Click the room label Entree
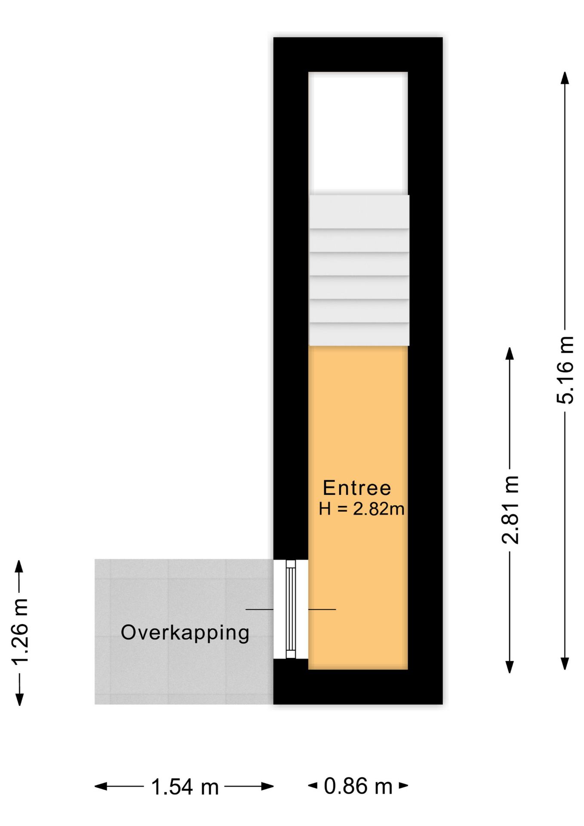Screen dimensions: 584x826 point(357,488)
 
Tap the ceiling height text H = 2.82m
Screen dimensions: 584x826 point(361,509)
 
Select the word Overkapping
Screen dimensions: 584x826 point(185,633)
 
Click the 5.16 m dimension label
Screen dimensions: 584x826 point(565,370)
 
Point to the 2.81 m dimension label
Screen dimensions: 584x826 point(510,510)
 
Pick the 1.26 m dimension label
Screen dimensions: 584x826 point(20,632)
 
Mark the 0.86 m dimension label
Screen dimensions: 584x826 point(358,786)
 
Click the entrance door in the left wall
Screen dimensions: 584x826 point(291,609)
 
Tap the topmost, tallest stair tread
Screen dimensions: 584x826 point(359,212)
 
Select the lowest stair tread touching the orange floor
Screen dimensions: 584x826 point(359,334)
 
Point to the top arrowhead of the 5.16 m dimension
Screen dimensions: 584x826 point(565,78)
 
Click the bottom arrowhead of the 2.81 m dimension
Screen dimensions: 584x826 point(510,666)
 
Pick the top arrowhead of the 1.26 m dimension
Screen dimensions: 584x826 point(19,566)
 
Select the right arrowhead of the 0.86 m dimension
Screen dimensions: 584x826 point(403,786)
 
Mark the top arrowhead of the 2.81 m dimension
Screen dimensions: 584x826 point(510,354)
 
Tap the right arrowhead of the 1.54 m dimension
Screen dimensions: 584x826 point(267,786)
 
